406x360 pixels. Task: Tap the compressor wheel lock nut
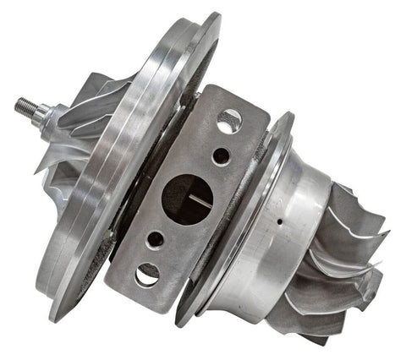42,115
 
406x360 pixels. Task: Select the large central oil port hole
187,198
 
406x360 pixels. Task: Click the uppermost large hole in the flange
229,122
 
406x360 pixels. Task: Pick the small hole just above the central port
220,156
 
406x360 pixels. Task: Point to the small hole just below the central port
156,239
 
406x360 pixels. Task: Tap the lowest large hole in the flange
146,274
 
